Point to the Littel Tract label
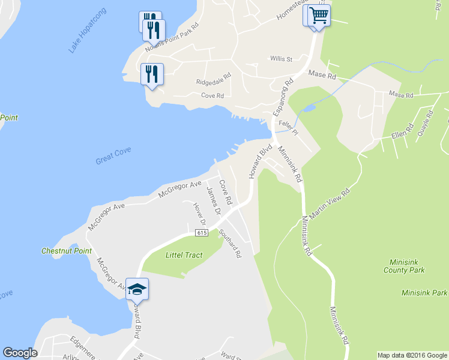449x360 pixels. (184, 255)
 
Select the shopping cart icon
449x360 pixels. (319, 14)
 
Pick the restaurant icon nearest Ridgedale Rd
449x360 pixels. (152, 74)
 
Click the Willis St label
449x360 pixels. (281, 59)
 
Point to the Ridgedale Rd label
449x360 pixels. (214, 79)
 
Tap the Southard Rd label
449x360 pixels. (231, 244)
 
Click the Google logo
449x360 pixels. (20, 353)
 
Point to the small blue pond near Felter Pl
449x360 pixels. (309, 109)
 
